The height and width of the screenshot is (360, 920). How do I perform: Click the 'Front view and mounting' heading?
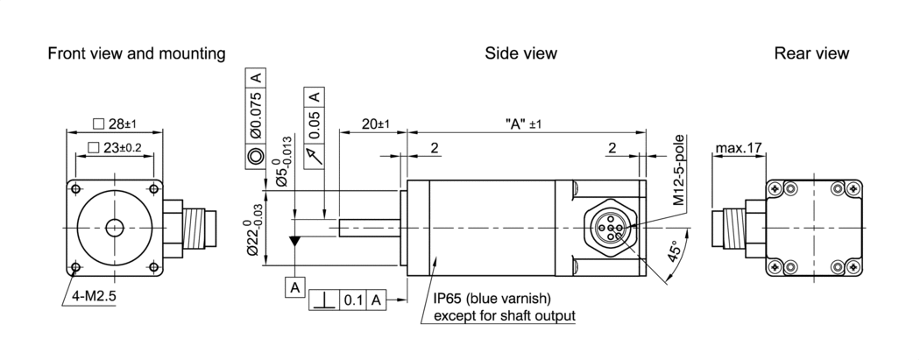pyautogui.click(x=136, y=53)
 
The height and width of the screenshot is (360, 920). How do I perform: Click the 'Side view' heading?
pyautogui.click(x=520, y=53)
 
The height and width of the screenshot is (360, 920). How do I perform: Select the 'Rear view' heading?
pyautogui.click(x=811, y=53)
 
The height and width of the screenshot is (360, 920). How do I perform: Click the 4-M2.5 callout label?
pyautogui.click(x=94, y=296)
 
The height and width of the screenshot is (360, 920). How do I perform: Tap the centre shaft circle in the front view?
pyautogui.click(x=114, y=228)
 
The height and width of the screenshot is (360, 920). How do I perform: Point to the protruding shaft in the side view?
pyautogui.click(x=369, y=227)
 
